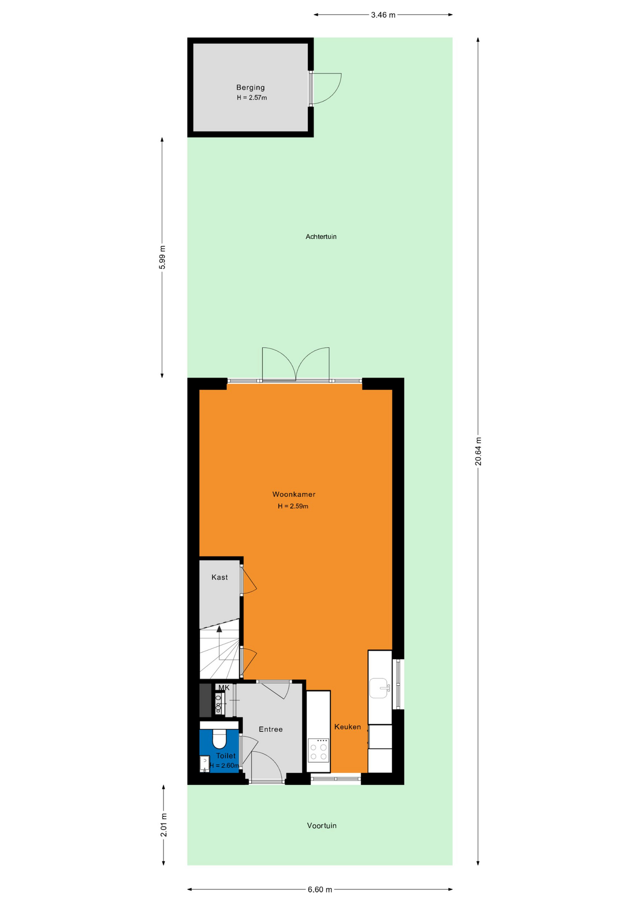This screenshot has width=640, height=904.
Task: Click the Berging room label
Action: click(250, 88)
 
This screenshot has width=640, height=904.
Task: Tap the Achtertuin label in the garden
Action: click(321, 237)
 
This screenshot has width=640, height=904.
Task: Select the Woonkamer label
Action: click(294, 494)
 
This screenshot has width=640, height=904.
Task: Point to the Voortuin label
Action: click(322, 825)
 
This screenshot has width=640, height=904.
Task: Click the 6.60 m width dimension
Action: click(320, 889)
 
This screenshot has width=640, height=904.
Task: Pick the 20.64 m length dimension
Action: click(478, 452)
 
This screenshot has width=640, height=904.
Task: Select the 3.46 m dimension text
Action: click(383, 15)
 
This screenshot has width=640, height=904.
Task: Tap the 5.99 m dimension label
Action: click(163, 258)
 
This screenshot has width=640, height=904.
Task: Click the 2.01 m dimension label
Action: click(164, 825)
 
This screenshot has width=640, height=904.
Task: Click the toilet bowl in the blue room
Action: click(219, 739)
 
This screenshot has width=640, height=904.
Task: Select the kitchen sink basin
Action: click(379, 688)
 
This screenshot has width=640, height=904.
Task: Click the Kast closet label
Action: click(220, 577)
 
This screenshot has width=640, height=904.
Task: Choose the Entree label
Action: click(271, 729)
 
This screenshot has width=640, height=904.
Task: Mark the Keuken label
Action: click(348, 727)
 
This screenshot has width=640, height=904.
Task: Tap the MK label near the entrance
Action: click(224, 688)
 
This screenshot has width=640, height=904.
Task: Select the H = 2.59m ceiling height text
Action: click(293, 507)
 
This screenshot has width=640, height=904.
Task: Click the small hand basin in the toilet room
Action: click(205, 763)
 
